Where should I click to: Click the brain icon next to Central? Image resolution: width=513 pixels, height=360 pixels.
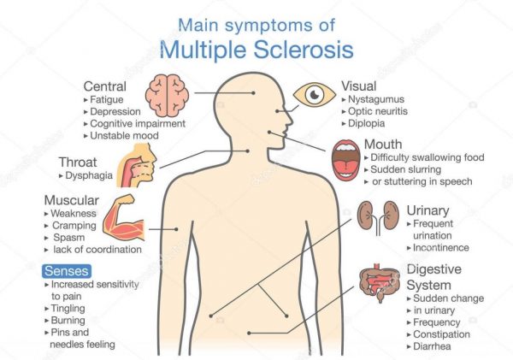pos(166,91)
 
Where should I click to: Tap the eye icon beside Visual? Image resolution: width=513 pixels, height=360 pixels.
pos(315,93)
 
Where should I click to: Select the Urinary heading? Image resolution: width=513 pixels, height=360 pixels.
pos(427,210)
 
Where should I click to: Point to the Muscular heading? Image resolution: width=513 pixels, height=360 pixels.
pos(73,201)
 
